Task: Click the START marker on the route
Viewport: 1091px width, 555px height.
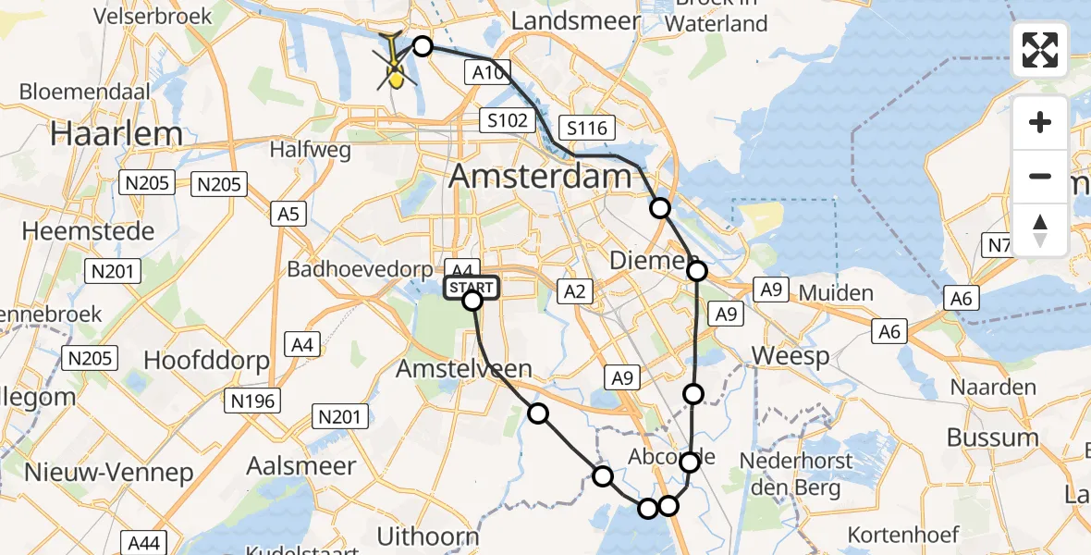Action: (x=472, y=289)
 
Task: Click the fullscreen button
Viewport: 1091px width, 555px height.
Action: (x=1040, y=50)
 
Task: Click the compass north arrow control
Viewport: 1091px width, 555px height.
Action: (x=1040, y=229)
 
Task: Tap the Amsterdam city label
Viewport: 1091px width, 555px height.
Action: (x=531, y=176)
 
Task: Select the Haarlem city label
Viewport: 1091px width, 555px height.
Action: (x=116, y=133)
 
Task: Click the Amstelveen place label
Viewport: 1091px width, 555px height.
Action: (x=463, y=369)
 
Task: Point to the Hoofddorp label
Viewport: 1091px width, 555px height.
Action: (x=193, y=359)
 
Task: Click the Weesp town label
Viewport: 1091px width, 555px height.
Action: (x=791, y=356)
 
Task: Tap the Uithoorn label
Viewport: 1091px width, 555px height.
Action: (x=428, y=536)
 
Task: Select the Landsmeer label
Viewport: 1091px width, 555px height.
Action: (x=575, y=20)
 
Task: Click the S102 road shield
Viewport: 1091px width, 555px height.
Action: (x=508, y=119)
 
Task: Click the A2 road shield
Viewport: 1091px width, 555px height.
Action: (x=575, y=292)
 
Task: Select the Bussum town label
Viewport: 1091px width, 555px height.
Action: (x=992, y=438)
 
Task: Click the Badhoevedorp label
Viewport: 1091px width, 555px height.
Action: (x=360, y=270)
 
